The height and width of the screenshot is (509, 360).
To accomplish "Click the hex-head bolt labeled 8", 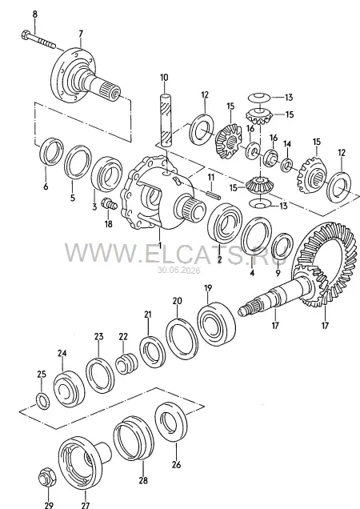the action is (38, 39).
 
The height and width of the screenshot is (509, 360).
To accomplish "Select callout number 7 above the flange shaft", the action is (81, 34).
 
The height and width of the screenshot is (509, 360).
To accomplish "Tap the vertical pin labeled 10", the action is (166, 120).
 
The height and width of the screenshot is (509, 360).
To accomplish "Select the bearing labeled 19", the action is (216, 324).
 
